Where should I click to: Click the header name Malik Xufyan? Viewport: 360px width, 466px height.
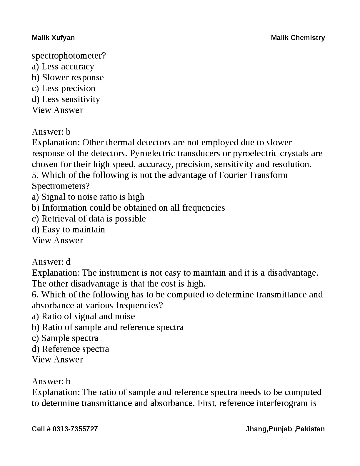(x=53, y=38)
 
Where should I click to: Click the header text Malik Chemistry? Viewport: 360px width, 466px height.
(x=298, y=38)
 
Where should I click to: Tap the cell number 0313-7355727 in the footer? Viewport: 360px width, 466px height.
(x=75, y=429)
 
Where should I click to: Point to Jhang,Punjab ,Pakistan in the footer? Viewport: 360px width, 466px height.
(x=285, y=429)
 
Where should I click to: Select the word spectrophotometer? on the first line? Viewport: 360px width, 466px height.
(x=69, y=56)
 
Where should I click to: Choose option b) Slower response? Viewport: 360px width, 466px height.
(x=68, y=77)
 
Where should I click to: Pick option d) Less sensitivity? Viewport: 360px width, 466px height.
(x=66, y=99)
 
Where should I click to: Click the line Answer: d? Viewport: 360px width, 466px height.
(x=51, y=262)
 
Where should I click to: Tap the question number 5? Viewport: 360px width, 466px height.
(x=34, y=175)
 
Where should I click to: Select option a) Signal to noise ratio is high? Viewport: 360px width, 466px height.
(x=88, y=197)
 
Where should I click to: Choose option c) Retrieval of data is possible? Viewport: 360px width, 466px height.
(x=89, y=219)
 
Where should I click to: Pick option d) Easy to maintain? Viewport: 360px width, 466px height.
(x=68, y=229)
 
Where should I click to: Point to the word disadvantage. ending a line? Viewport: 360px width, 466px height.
(x=292, y=273)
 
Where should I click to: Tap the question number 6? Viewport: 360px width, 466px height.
(x=34, y=294)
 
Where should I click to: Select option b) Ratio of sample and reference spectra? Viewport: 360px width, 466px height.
(x=108, y=327)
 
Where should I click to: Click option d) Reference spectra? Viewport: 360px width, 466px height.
(x=70, y=349)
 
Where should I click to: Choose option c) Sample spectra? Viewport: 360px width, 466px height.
(x=65, y=338)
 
